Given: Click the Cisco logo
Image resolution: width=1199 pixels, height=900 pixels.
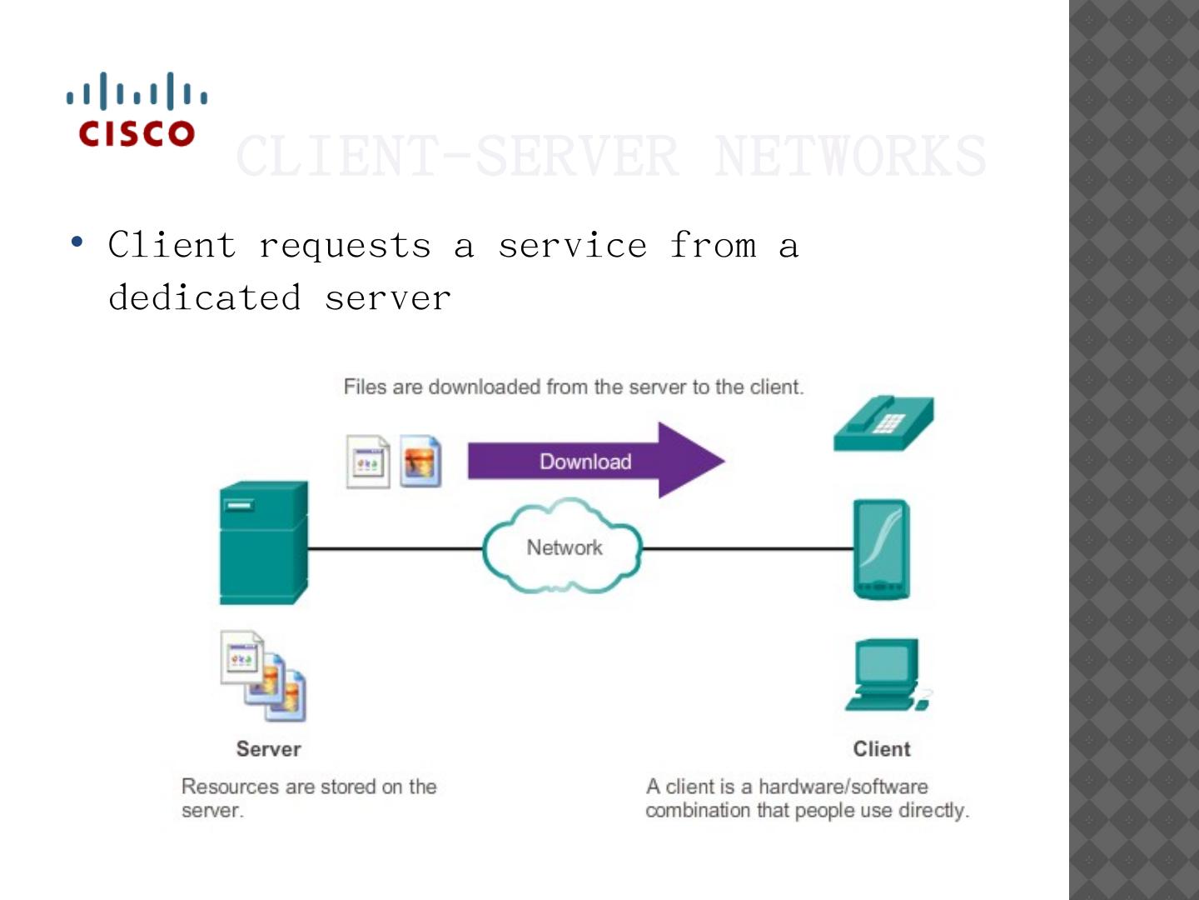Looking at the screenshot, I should click(x=137, y=110).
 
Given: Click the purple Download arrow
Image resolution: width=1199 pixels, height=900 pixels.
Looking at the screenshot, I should click(x=595, y=461).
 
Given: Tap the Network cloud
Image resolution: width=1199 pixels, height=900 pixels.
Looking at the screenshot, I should click(x=563, y=547).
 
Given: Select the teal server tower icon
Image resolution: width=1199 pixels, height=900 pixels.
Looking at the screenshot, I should click(x=263, y=542).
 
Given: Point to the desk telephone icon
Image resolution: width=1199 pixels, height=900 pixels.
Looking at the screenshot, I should click(x=883, y=423).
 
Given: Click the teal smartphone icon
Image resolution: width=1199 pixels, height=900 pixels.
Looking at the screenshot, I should click(x=881, y=549).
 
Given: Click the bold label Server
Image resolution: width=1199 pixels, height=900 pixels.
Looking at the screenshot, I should click(x=268, y=748).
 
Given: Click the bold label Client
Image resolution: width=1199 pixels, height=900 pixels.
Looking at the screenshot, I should click(x=882, y=748).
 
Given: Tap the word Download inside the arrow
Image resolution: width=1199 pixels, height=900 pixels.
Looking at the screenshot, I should click(x=585, y=462).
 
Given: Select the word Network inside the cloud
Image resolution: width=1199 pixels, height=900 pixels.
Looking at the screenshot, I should click(x=565, y=547).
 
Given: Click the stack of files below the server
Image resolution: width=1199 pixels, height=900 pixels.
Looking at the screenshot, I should click(x=263, y=676).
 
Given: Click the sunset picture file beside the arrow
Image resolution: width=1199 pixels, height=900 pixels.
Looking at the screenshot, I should click(x=420, y=461).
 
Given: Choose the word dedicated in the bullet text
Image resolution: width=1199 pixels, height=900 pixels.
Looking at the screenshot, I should click(x=205, y=297).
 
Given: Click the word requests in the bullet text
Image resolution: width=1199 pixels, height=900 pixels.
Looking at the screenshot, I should click(x=345, y=245).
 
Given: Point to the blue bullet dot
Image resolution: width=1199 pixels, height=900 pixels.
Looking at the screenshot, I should click(x=77, y=242).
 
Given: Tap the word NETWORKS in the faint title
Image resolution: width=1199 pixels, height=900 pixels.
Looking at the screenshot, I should click(x=849, y=156).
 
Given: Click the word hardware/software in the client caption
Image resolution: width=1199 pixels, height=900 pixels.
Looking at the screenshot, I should click(x=843, y=786).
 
